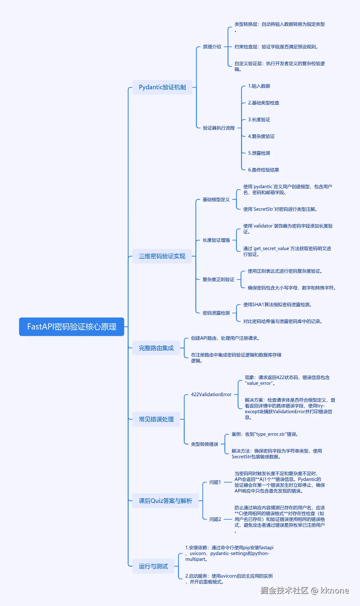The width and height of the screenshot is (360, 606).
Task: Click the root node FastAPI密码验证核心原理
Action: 72,327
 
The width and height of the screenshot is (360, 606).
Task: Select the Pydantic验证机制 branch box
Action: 162,87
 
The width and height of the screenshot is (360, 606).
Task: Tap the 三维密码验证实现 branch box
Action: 162,256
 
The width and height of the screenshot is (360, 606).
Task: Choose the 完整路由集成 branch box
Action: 156,348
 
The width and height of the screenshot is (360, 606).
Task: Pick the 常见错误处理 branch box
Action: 156,419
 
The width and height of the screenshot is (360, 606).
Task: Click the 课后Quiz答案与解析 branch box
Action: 165,501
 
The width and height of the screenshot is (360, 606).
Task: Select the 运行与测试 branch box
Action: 153,566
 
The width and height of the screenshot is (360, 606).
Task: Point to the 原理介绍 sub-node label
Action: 212,47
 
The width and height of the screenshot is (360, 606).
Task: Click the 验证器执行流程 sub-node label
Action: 219,128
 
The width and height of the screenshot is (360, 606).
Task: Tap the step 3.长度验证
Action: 259,120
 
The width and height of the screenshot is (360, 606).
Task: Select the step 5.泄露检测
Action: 259,153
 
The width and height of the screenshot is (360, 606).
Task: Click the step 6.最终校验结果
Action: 264,170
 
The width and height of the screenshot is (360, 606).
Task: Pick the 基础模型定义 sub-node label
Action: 216,200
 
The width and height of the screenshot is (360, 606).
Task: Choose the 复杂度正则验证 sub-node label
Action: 219,279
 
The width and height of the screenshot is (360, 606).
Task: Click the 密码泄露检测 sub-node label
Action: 216,313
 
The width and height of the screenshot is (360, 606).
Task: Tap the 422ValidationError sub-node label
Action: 211,395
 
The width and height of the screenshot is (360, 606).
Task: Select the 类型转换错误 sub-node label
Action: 205,444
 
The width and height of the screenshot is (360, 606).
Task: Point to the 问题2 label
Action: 215,519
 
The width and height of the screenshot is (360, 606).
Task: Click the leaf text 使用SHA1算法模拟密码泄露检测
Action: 277,305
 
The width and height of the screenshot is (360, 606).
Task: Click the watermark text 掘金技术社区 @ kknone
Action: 305,590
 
